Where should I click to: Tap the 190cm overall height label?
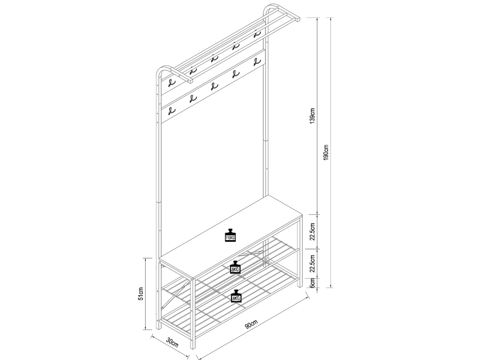point(326,152)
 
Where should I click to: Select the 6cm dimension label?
point(313,283)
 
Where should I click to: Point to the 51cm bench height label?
point(141,293)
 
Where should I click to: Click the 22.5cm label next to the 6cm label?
point(313,263)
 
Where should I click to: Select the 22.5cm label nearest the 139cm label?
point(313,231)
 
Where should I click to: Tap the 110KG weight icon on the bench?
point(230,235)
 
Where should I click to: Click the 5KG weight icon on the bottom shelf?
point(236,296)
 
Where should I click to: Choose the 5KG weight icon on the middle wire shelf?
point(235,267)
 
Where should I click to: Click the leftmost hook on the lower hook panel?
point(172,111)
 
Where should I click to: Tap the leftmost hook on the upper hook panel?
point(172,83)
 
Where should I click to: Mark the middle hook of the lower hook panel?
point(214,86)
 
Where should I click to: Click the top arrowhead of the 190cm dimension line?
point(332,19)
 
